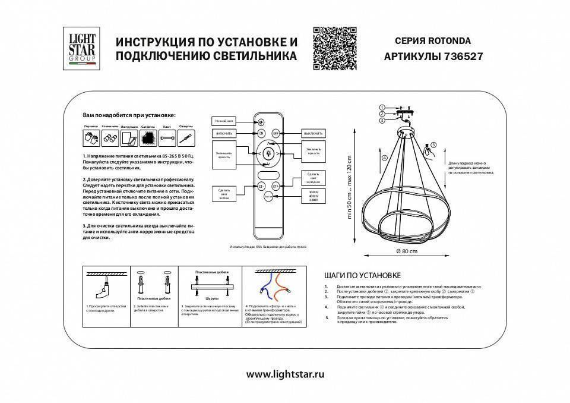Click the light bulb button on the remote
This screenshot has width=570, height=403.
click(x=268, y=153)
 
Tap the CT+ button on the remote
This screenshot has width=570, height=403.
click(x=277, y=186)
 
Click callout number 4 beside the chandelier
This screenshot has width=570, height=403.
click(x=384, y=158)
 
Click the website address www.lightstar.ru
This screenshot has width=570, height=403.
click(x=285, y=375)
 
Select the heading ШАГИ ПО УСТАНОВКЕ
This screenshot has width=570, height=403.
click(x=363, y=276)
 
